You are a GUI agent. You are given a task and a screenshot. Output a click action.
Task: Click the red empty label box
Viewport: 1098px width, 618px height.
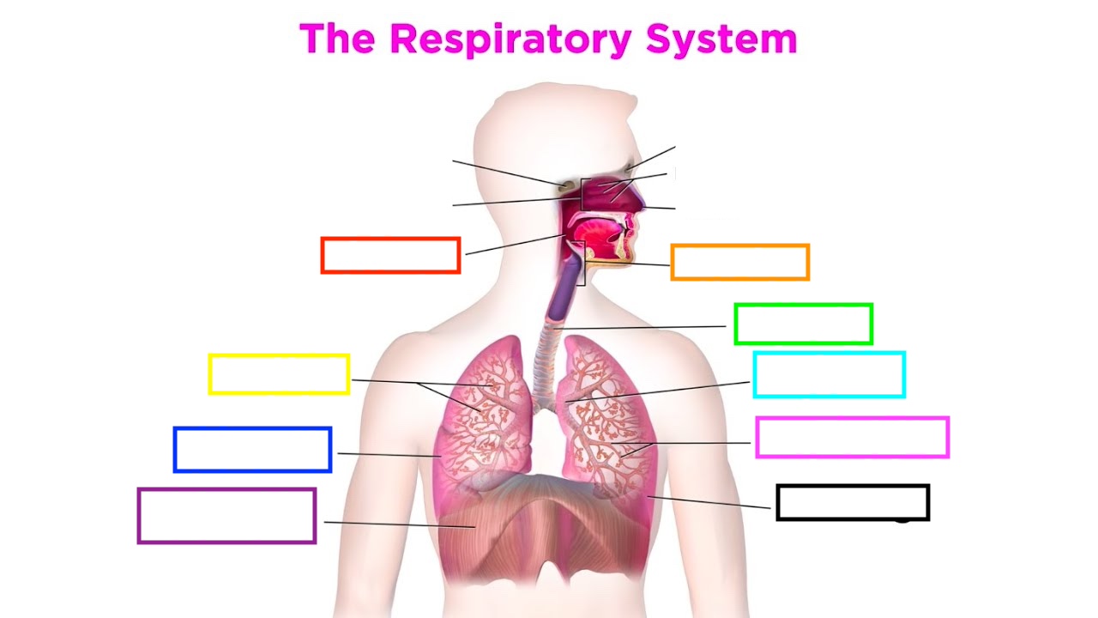point(390,256)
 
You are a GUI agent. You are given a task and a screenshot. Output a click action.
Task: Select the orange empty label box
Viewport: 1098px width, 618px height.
point(739,263)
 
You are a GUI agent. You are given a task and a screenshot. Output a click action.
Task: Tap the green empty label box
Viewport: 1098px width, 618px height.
point(803,324)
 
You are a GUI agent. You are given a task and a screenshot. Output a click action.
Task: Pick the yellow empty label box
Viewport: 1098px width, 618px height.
point(279,374)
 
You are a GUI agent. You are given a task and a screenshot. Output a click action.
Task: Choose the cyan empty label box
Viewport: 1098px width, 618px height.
point(829,375)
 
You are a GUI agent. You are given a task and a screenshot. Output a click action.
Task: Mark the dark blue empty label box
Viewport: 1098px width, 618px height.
point(252,450)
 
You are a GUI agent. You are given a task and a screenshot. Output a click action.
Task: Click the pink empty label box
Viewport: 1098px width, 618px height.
point(852,438)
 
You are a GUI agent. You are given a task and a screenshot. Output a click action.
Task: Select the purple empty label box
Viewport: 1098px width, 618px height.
point(226,516)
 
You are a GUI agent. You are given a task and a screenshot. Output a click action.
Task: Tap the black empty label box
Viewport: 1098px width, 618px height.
point(853,502)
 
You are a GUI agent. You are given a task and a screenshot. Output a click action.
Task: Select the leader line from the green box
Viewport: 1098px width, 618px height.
point(643,327)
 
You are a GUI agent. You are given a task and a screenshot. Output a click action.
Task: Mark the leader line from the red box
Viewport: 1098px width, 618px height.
point(515,243)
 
